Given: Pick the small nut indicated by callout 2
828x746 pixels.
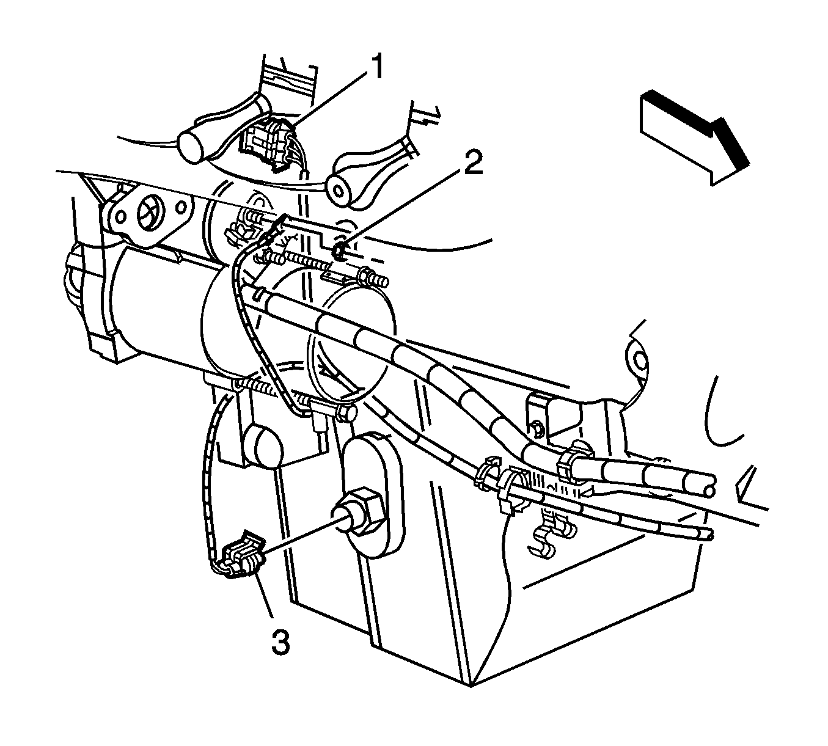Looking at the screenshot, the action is (x=340, y=252).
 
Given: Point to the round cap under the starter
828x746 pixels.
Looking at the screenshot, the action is (x=263, y=446).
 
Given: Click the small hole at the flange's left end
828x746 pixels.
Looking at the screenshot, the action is (x=120, y=216).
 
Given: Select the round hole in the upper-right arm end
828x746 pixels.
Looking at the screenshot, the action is (x=339, y=191).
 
